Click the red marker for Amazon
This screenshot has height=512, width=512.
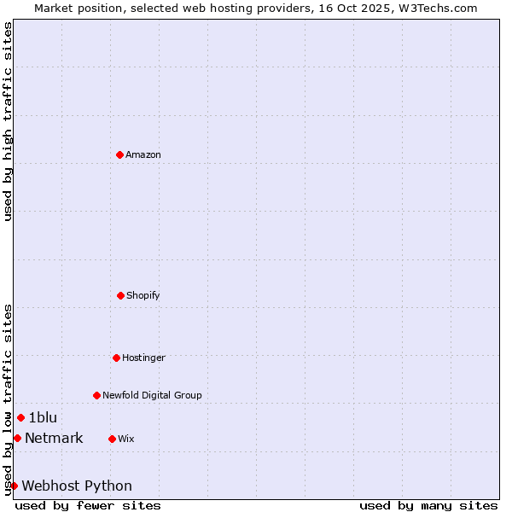tap(119, 154)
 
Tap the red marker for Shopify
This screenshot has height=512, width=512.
tap(120, 295)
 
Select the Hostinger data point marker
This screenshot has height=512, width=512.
tap(116, 358)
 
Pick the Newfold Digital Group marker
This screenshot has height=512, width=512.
tap(96, 395)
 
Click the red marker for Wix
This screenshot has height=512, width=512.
tap(112, 439)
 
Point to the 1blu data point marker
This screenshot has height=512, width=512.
tap(20, 417)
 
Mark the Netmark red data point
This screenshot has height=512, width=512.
tap(17, 438)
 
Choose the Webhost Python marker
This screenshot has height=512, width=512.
tap(14, 486)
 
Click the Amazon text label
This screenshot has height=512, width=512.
tap(143, 154)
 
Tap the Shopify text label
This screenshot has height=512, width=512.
tap(143, 295)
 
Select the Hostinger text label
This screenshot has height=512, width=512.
tap(143, 358)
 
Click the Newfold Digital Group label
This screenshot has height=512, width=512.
tap(152, 395)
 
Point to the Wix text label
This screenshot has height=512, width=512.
tap(126, 439)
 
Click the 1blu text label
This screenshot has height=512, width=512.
tap(43, 417)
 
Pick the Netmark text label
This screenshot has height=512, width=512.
tap(54, 438)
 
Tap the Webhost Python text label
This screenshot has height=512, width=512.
tap(77, 486)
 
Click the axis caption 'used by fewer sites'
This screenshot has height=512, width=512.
tap(88, 505)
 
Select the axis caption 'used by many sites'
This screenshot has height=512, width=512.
tap(428, 505)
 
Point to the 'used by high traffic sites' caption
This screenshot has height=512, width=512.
tap(8, 121)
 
